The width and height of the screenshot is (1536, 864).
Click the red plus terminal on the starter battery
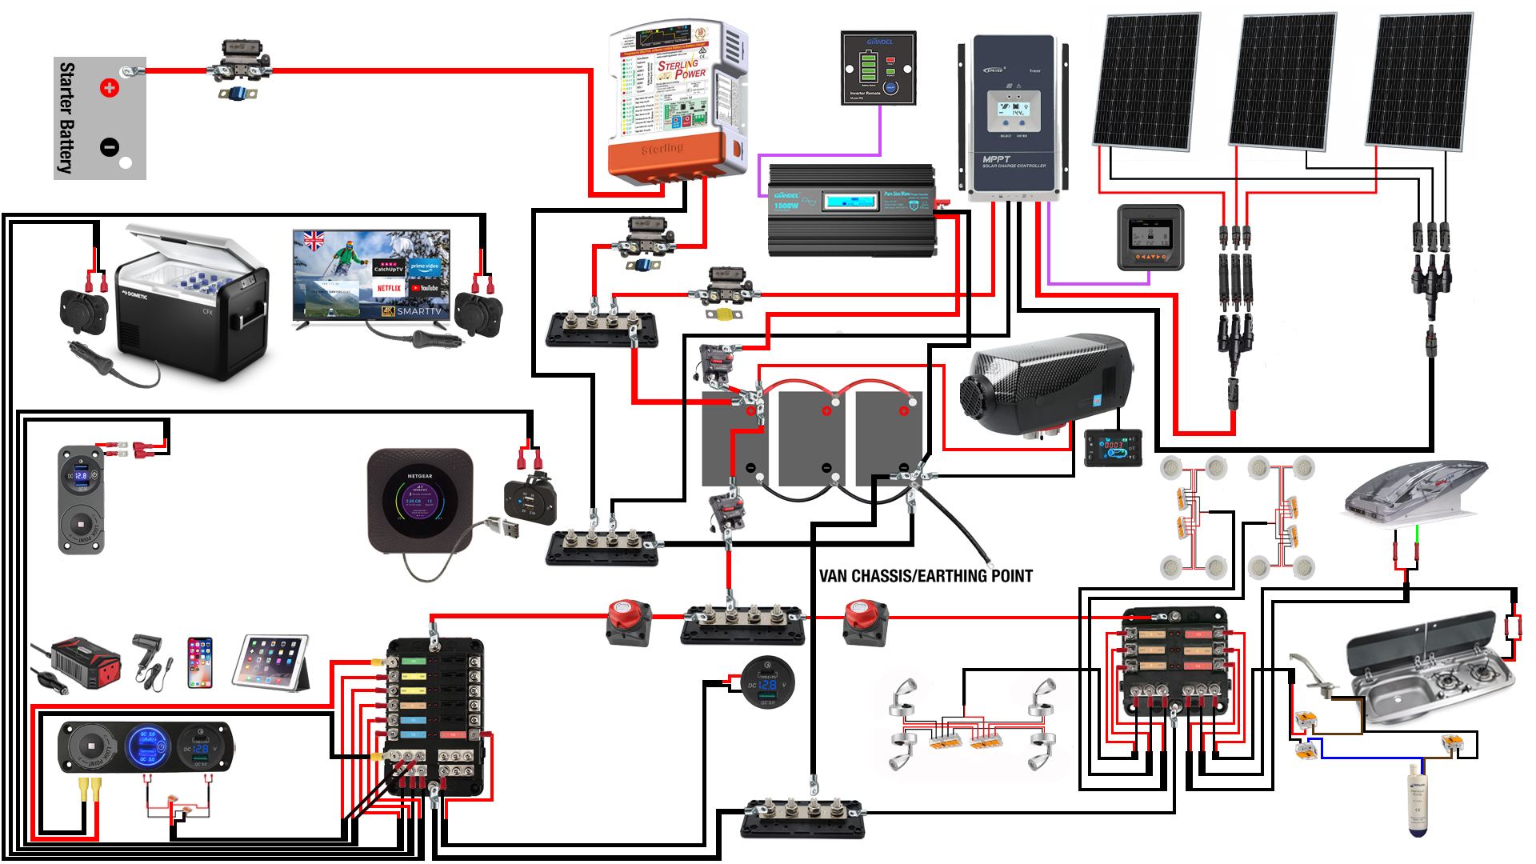point(110,87)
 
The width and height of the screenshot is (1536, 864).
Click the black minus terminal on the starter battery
point(110,147)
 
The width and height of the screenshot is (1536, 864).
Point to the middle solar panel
point(1283,80)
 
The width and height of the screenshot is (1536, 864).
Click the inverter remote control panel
point(878,68)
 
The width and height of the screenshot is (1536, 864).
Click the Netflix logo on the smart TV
point(389,288)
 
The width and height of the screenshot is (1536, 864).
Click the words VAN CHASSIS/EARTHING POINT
point(926,576)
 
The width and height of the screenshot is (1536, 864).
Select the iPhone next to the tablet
point(200,662)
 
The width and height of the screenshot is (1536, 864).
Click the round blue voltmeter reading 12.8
point(767,684)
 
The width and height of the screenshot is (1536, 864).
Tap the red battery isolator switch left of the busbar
point(629,622)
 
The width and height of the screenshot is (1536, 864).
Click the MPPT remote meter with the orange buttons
point(1150,238)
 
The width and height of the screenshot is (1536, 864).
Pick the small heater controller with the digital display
point(1112,447)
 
